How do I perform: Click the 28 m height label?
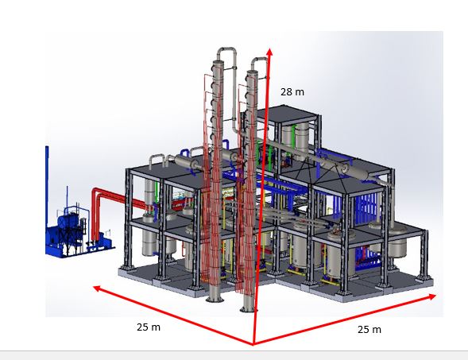coord(292,92)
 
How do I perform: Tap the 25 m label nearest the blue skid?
coord(149,327)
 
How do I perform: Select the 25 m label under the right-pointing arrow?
coord(369,330)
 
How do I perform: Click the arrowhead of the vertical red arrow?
coord(269,52)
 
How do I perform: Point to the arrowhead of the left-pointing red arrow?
coord(97,288)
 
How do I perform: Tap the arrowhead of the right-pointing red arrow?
coord(432,297)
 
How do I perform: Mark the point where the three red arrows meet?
coord(253,344)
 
